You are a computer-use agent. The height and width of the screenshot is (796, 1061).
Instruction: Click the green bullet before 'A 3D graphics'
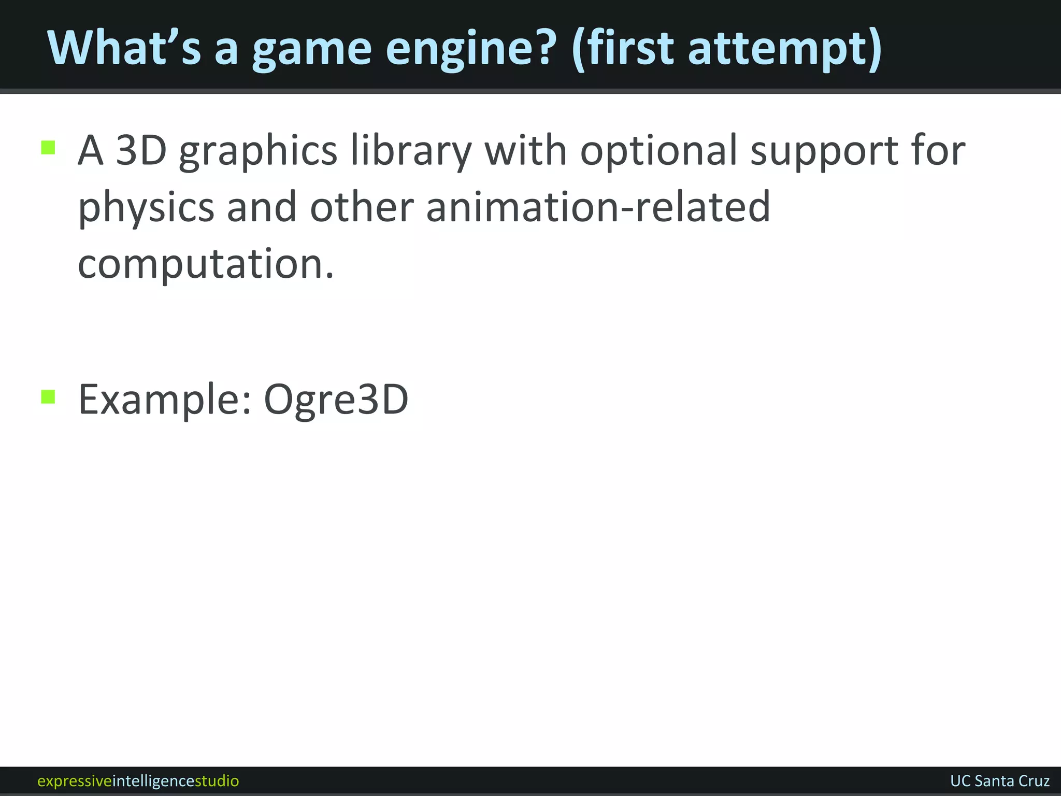48,148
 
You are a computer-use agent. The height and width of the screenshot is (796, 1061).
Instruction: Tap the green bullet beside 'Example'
48,397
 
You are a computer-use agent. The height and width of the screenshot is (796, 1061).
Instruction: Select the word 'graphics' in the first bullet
258,151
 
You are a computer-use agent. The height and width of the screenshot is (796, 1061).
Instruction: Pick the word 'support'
824,151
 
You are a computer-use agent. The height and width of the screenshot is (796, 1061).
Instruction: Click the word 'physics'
146,208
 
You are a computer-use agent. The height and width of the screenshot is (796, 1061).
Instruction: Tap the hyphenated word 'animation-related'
598,207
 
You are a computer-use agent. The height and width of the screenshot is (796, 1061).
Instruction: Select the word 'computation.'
206,264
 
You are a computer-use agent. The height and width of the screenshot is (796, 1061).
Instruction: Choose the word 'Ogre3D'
336,400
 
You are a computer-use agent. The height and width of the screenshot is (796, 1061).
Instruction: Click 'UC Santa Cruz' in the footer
999,780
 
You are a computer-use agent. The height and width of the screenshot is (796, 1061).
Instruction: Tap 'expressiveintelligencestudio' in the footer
138,780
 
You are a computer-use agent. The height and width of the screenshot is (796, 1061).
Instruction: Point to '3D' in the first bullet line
141,151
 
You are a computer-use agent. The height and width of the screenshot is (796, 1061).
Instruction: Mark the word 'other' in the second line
362,207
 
